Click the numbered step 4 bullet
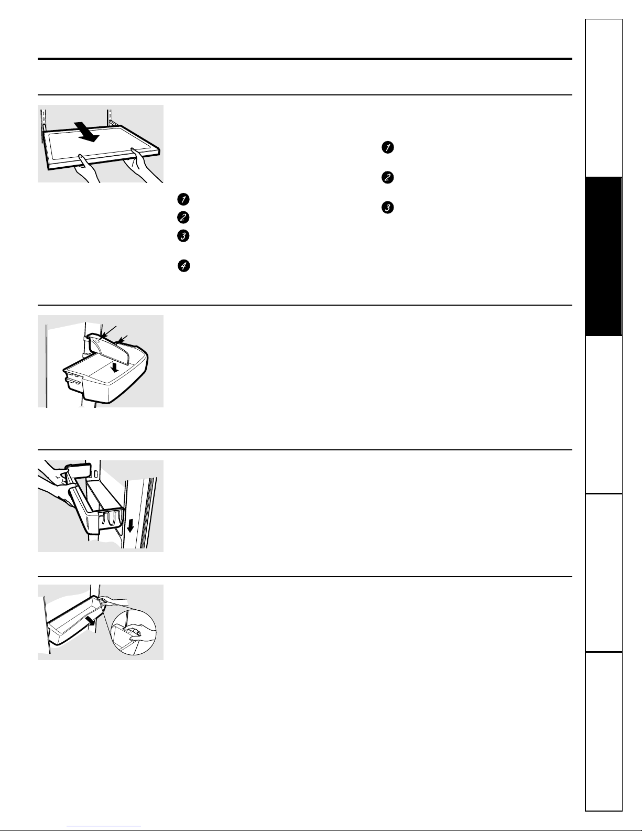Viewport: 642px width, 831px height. (x=184, y=266)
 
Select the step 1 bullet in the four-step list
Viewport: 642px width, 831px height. (x=183, y=199)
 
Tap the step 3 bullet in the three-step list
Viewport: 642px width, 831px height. (x=387, y=208)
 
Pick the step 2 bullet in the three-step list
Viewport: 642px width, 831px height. (x=387, y=177)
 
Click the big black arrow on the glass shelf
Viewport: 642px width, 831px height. (x=87, y=132)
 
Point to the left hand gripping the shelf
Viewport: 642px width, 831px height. (x=86, y=169)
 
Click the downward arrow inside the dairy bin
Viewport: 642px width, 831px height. (x=114, y=368)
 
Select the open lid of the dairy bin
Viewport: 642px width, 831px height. (x=110, y=348)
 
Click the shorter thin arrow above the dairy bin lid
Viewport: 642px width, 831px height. (x=123, y=339)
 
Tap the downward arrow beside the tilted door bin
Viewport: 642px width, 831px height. (x=130, y=526)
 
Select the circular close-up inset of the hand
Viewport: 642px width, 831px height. (x=133, y=633)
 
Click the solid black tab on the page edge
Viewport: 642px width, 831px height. (x=603, y=256)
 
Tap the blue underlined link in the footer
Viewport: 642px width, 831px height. (x=104, y=826)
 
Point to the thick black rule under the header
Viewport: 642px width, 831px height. (x=304, y=59)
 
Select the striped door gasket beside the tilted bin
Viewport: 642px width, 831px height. (x=148, y=512)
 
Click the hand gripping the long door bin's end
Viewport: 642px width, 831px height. (x=113, y=601)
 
